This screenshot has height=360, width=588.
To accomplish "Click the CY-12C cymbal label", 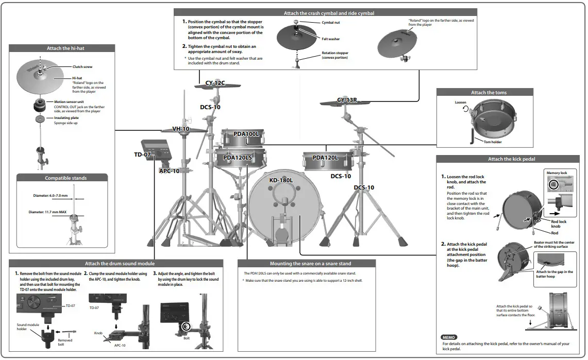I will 215,83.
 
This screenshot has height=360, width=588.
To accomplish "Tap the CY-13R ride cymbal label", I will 347,100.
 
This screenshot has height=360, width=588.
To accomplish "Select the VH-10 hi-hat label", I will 180,129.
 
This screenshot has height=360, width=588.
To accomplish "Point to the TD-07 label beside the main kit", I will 142,155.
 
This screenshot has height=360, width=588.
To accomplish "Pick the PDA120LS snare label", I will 238,158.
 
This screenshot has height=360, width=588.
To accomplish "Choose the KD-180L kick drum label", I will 281,180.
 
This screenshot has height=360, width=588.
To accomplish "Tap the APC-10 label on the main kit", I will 169,171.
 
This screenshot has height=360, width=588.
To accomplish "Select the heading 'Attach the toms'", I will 489,93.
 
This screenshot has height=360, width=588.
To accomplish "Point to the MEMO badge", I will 449,337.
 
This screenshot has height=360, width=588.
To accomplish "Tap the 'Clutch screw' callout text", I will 82,67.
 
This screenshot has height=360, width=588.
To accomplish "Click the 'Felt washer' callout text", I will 331,39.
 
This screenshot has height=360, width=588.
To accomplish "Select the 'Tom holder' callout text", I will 493,142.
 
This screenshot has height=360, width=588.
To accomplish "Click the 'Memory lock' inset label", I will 557,173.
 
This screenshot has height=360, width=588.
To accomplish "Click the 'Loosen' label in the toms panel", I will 460,102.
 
